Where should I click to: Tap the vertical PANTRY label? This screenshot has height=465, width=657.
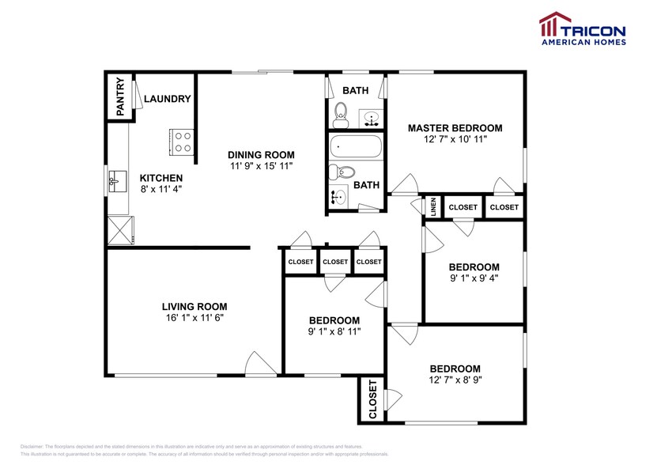(120, 97)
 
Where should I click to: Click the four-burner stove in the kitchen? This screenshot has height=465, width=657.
(181, 142)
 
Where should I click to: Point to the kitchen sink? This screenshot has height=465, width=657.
(115, 181)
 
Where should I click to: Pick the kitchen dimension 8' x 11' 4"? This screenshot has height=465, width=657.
(161, 191)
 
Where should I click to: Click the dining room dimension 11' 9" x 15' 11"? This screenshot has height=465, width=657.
(261, 167)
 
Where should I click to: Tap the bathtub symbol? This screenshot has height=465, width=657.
(356, 146)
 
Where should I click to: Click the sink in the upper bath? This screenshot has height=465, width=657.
(371, 119)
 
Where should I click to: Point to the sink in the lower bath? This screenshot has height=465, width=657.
(340, 197)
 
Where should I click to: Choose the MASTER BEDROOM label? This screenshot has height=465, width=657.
(455, 127)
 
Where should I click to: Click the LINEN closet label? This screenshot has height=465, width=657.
(433, 207)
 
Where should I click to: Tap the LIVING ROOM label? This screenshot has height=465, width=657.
(194, 306)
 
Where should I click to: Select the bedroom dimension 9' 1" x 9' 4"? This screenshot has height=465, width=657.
(474, 278)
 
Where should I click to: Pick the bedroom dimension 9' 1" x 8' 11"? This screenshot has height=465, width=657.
(334, 332)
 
